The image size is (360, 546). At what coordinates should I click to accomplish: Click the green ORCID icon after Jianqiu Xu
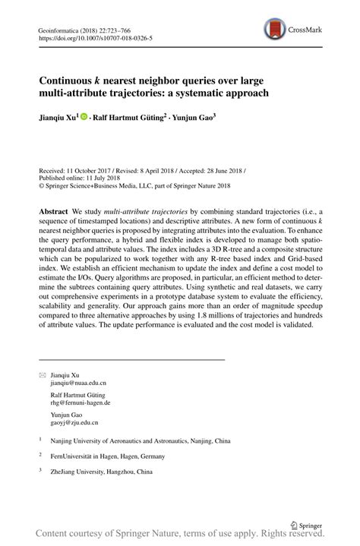84,118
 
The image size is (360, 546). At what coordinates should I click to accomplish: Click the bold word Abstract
54,209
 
